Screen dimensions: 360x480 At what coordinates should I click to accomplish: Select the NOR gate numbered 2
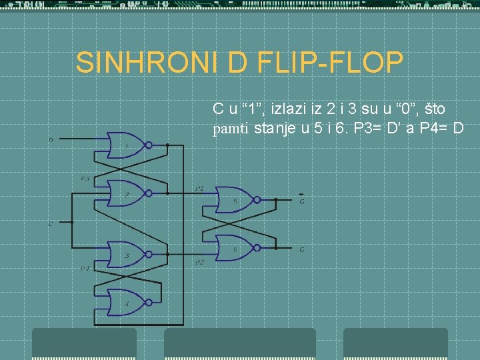coord(126,193)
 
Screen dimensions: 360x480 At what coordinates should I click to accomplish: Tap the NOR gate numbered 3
coord(126,254)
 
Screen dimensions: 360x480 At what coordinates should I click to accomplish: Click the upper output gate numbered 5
coord(235,199)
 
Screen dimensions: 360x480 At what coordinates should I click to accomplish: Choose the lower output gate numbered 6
coord(235,247)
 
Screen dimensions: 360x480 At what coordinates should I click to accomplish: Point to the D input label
coord(51,140)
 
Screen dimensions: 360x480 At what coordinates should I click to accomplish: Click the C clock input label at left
coord(50,224)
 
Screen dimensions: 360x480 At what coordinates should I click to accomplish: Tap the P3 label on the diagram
coord(85,179)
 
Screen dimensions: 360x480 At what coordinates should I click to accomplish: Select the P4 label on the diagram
coord(85,269)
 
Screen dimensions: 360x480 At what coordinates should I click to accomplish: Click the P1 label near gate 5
coord(199,189)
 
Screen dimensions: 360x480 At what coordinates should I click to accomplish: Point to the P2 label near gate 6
coord(199,263)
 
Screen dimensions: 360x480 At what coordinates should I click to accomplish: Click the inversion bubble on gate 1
coord(149,145)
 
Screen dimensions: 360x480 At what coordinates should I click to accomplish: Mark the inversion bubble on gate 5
coord(259,199)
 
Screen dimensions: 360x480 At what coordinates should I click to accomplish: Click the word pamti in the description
coord(231,129)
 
